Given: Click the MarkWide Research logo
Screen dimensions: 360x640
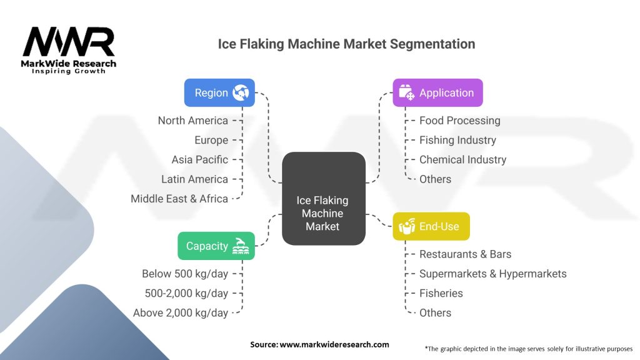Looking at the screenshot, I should [69, 50].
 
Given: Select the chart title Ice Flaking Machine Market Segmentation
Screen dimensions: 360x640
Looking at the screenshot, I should [346, 44].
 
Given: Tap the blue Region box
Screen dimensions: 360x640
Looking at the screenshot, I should [219, 92].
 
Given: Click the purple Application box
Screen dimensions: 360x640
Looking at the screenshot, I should [437, 92].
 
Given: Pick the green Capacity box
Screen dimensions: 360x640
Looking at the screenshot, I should [216, 246].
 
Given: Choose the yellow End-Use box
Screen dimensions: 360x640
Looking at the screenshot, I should [431, 226].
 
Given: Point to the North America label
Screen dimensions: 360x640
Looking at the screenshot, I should [192, 121].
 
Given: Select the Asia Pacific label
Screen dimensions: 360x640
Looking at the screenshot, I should [199, 159].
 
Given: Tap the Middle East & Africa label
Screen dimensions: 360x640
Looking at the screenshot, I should [179, 199].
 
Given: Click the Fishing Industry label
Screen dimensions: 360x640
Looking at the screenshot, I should [457, 140].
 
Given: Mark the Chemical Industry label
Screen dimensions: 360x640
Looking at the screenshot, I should [462, 159].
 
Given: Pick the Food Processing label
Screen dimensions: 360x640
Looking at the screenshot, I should [459, 121].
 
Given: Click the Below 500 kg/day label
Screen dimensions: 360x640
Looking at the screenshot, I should [185, 274].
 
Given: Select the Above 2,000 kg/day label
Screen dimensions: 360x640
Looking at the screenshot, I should [181, 312].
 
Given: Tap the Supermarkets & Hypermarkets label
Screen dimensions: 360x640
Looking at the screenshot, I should [492, 274].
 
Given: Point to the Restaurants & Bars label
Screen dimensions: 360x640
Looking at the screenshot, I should [465, 254].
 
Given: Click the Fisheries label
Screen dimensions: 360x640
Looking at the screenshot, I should [441, 293].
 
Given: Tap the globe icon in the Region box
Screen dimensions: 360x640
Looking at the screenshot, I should [241, 92].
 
